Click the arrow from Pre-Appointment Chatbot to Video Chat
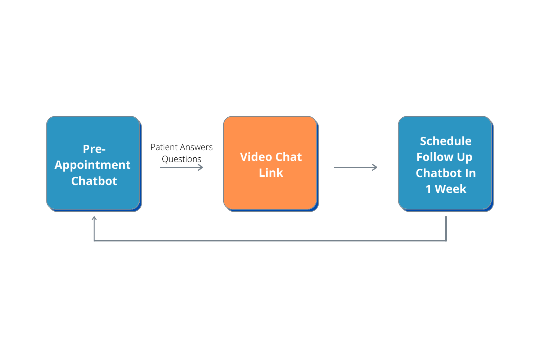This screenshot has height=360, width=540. pos(181,167)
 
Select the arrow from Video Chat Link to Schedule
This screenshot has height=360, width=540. pos(355,167)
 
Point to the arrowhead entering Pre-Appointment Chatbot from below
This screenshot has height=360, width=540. pos(94,218)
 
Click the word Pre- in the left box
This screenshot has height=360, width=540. pos(94,149)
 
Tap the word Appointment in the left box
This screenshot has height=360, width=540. pos(93,165)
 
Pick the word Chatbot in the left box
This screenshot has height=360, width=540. pos(94,181)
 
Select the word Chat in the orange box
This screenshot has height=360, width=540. pos(289,157)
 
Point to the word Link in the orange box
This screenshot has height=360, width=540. pos(271,173)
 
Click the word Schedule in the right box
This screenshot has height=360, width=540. pos(446,141)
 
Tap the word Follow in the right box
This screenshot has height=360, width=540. pos(435,157)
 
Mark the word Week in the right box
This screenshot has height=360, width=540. pos(450,189)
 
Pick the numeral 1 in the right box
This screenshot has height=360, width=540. pos(428,189)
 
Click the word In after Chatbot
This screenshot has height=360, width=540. pos(470,173)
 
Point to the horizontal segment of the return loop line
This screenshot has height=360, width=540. pos(270,240)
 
